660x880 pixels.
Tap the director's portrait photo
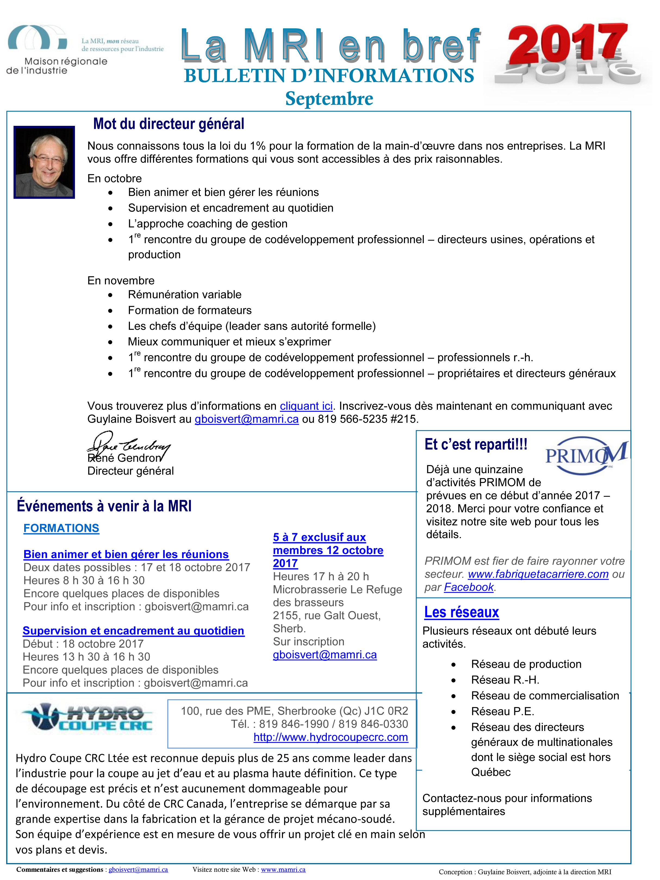coord(44,162)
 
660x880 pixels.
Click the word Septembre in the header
coord(329,99)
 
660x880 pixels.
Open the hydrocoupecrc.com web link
coord(331,737)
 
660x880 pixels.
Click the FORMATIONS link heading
coord(61,528)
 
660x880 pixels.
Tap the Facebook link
coord(469,587)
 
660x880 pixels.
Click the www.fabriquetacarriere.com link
coord(538,574)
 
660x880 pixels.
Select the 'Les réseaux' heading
coord(462,612)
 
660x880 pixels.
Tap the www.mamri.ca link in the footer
coord(283,870)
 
